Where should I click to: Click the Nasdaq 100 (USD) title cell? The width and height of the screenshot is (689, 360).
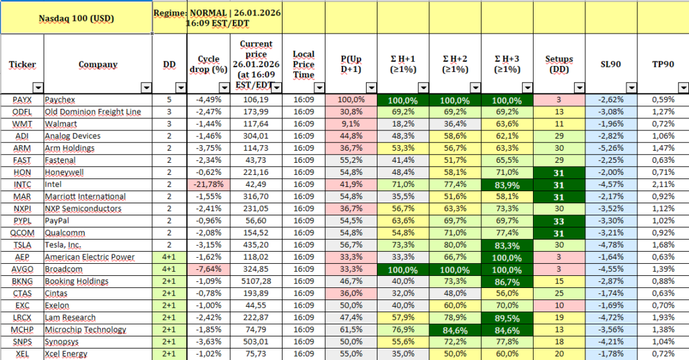[x=75, y=17]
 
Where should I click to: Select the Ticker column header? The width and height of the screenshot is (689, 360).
[x=22, y=65]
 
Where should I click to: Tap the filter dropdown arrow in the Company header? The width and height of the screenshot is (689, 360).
[x=146, y=87]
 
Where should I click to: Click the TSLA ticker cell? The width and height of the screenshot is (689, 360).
[x=22, y=245]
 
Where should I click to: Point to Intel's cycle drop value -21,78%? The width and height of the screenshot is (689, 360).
[x=209, y=184]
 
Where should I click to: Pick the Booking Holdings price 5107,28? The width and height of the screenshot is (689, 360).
[x=256, y=281]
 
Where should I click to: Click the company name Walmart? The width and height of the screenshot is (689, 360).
[x=61, y=124]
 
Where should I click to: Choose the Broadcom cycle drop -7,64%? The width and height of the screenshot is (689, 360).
[x=210, y=269]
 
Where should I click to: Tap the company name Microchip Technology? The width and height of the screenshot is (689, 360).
[x=85, y=330]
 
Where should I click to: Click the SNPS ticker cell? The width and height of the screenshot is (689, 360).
[x=22, y=342]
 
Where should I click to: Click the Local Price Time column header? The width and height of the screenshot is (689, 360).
[x=303, y=65]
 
